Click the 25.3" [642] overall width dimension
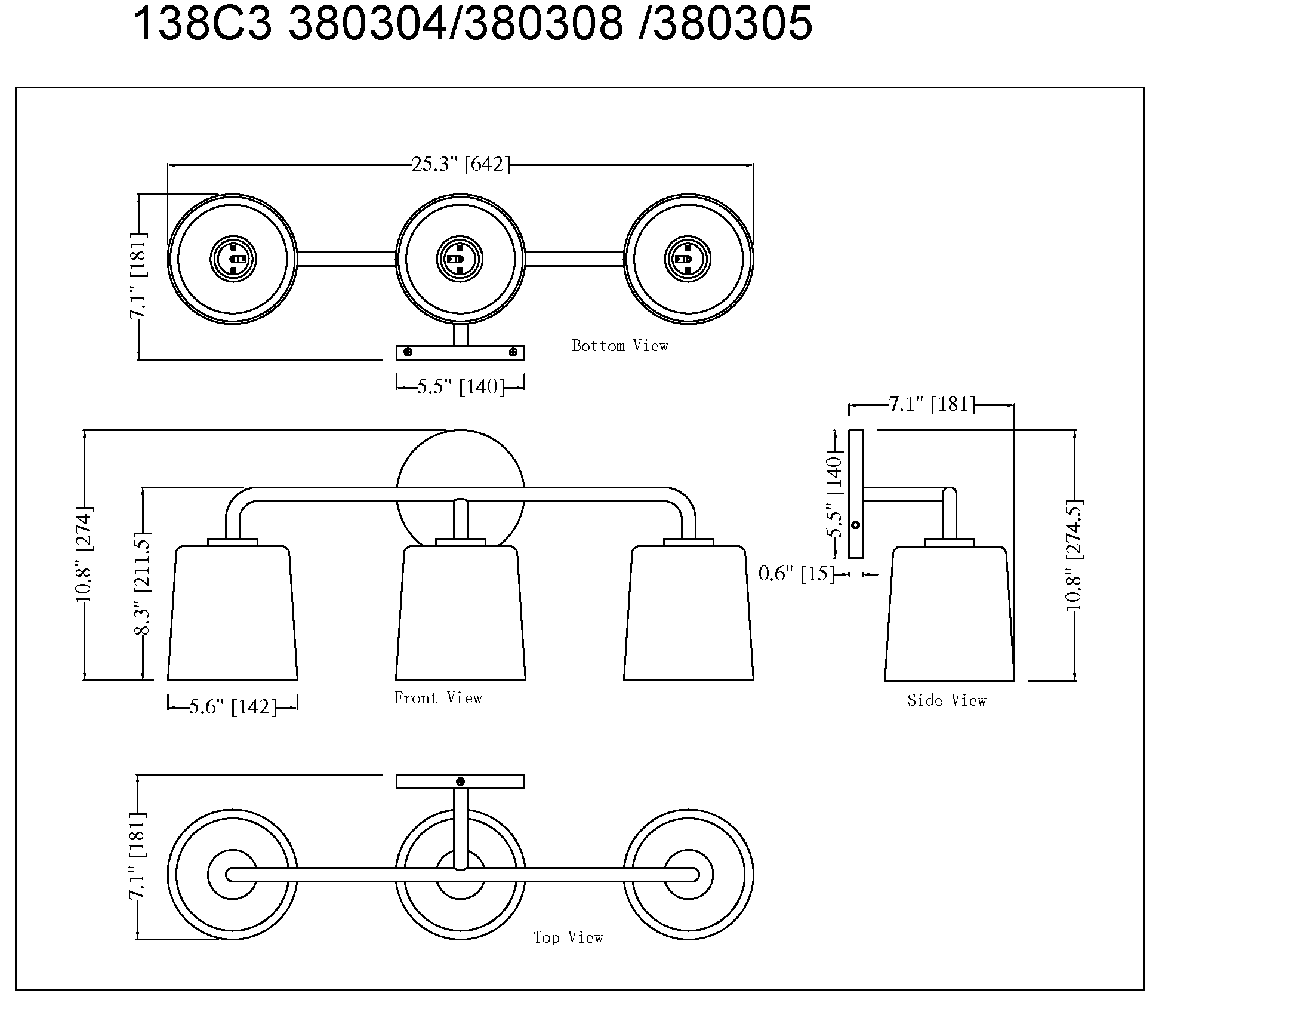pos(461,164)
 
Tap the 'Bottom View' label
pos(620,346)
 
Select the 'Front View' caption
pos(437,698)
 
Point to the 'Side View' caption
pos(947,700)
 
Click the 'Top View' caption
pos(568,937)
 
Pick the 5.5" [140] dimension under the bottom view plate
pos(461,386)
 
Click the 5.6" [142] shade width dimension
pos(233,706)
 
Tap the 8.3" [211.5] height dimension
pos(143,583)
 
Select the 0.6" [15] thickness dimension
pos(796,574)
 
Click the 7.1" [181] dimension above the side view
pos(932,404)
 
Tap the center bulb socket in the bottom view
pos(460,259)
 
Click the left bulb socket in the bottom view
pos(233,259)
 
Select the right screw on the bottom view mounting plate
pos(513,352)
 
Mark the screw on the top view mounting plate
pos(461,782)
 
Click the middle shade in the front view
pos(461,613)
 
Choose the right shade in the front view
pos(688,613)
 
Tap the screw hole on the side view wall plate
pos(855,525)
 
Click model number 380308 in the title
pos(544,24)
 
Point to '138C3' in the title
pos(202,24)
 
